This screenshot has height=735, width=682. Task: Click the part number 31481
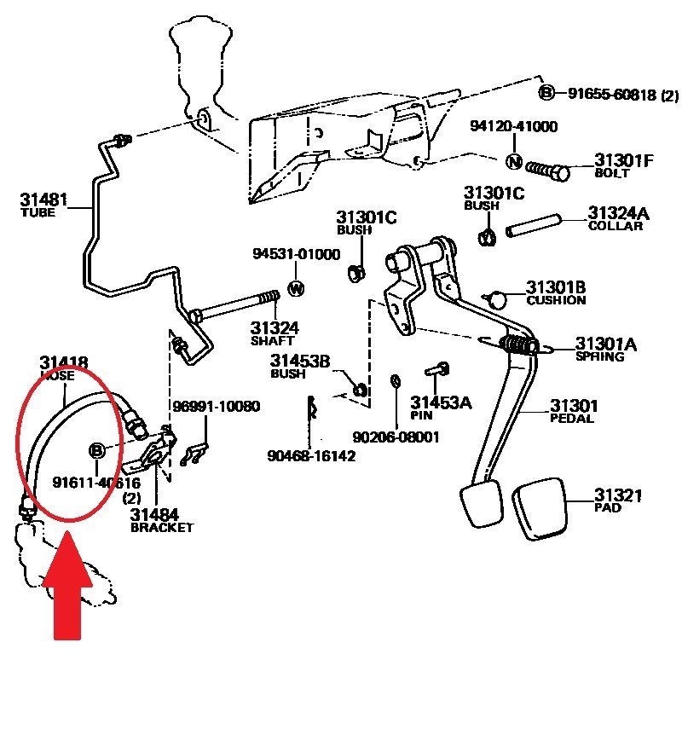[43, 200]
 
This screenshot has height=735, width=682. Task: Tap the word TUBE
[37, 213]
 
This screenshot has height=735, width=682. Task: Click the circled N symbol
[514, 162]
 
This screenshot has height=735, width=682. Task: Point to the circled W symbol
[297, 288]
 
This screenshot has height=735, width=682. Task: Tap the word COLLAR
[616, 226]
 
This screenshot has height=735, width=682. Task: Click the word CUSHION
[556, 300]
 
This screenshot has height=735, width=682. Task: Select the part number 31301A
[606, 343]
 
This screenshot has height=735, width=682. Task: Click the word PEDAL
[571, 419]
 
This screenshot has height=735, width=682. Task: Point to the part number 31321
[619, 495]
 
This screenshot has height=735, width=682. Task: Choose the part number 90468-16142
[311, 456]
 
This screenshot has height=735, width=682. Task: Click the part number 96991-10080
[216, 406]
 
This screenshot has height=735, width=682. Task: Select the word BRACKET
[162, 528]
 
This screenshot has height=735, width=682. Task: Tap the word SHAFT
[272, 341]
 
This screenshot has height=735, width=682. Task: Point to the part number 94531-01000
[296, 254]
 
